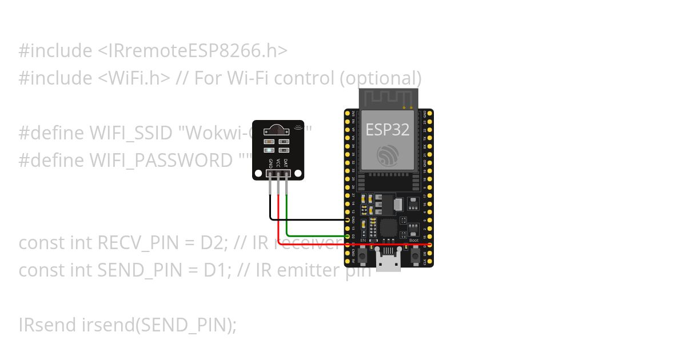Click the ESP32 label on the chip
tap(387, 130)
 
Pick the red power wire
tap(320, 245)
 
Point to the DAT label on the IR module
tap(286, 163)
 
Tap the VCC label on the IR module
tap(278, 163)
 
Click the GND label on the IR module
tap(270, 163)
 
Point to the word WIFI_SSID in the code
tap(131, 133)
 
